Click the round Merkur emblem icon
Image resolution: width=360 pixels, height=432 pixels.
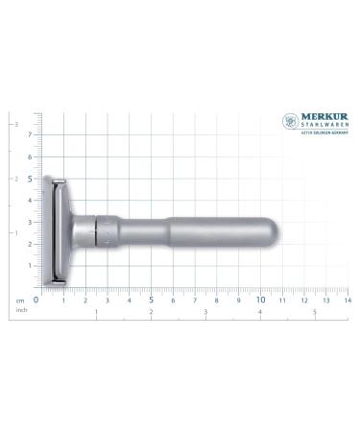pos(289,123)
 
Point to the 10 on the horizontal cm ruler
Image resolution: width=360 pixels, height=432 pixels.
pos(260,299)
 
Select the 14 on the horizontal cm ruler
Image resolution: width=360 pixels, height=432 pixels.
pos(348,300)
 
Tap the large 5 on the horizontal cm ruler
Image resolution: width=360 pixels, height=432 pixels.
pos(151,299)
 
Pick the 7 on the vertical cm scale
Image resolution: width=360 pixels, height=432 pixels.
pos(30,134)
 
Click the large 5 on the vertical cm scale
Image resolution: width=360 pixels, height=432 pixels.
pos(30,179)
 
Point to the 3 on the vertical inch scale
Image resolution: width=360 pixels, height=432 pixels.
pos(12,124)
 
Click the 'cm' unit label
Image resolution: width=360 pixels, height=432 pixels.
pos(19,300)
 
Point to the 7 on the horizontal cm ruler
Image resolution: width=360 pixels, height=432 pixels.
pos(194,300)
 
